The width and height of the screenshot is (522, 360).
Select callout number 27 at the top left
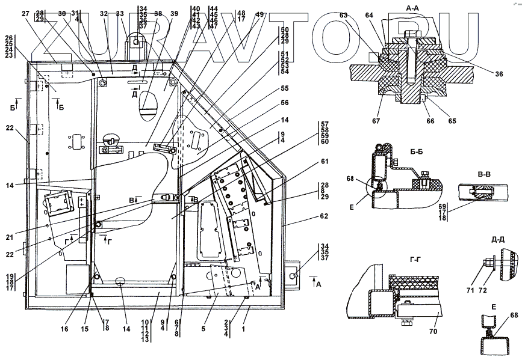pos(25,13)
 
